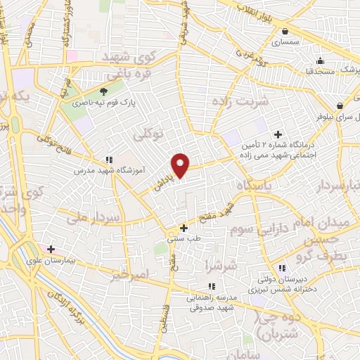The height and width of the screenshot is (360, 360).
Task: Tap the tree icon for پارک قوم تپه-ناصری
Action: [104, 91]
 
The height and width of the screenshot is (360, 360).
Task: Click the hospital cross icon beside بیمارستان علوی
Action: [51, 249]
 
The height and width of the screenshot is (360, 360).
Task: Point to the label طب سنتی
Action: [181, 239]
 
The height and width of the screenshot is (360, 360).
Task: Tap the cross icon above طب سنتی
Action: [184, 228]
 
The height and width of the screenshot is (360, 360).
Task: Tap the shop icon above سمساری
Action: [284, 32]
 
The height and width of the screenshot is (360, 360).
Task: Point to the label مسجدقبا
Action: [320, 71]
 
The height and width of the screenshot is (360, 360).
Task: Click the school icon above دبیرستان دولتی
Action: [282, 268]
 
